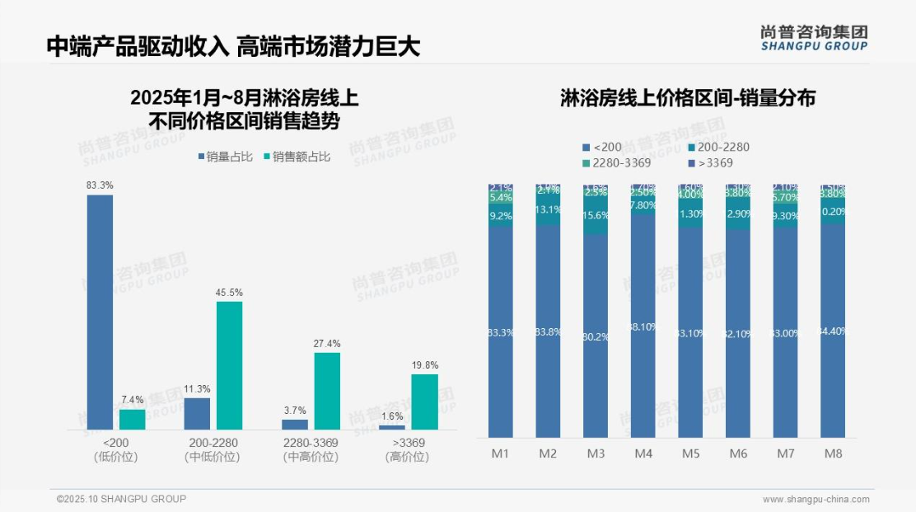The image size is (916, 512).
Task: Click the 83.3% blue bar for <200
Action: tap(100, 312)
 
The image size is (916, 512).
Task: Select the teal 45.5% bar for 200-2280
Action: tap(230, 365)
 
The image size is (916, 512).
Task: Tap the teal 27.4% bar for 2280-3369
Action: tap(327, 391)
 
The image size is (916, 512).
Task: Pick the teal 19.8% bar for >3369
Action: tap(424, 402)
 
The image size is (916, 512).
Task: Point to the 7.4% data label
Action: tap(132, 400)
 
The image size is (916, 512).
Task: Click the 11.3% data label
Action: tap(198, 388)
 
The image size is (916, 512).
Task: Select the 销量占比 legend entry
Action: tap(225, 157)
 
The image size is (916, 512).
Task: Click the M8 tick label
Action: tap(833, 453)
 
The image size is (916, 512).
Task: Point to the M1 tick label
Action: tap(500, 453)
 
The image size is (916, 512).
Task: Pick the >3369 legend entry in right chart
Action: tap(709, 163)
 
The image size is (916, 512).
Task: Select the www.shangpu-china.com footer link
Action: tap(816, 499)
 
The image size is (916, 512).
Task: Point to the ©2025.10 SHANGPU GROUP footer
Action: tap(121, 499)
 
